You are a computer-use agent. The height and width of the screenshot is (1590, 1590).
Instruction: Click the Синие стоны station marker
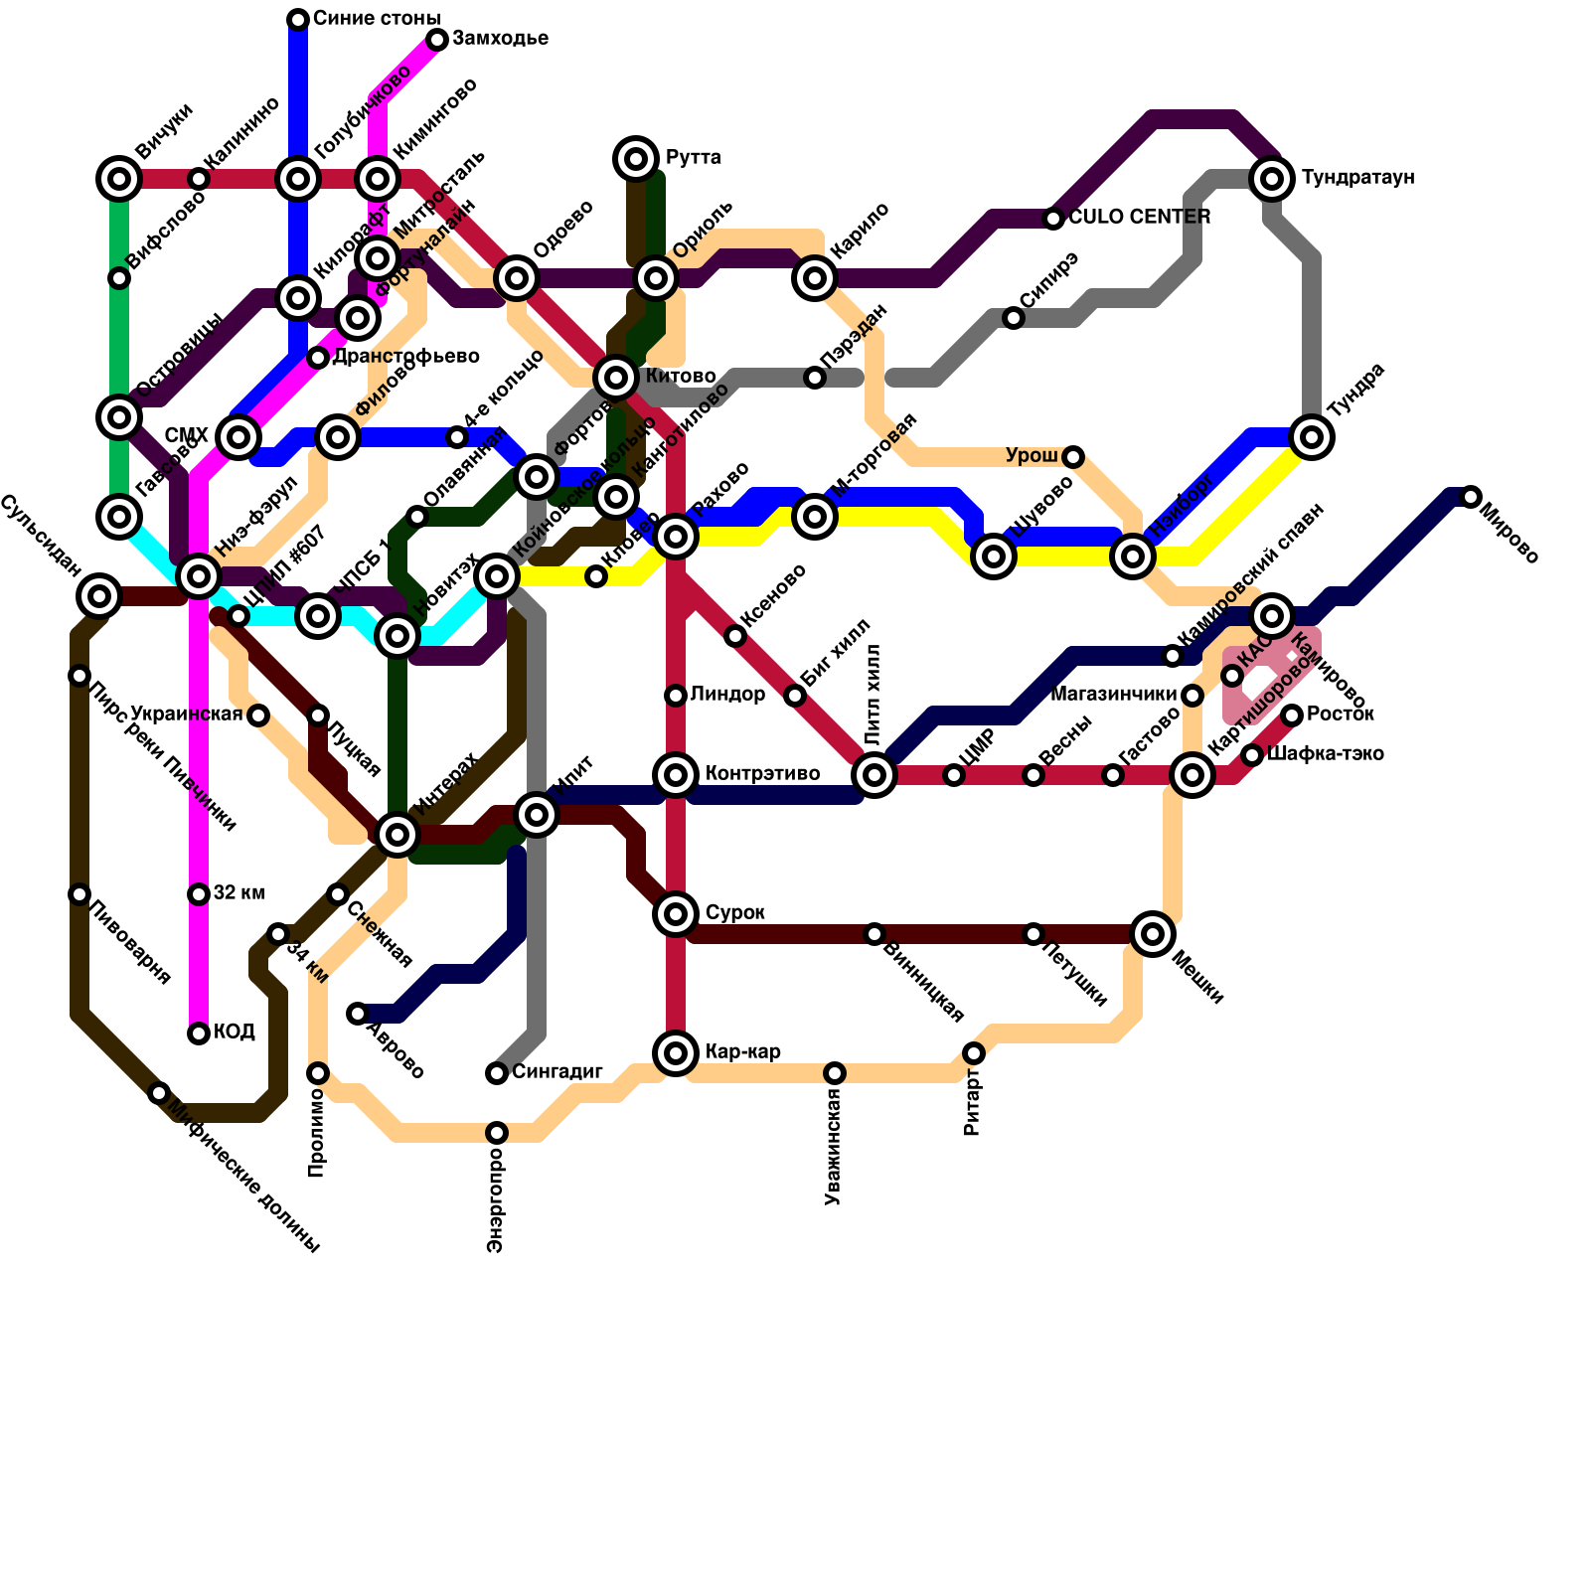coord(298,19)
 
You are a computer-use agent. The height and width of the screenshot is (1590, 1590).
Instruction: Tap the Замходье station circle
coord(437,40)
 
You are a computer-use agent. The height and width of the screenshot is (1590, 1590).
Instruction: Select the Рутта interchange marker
coord(637,158)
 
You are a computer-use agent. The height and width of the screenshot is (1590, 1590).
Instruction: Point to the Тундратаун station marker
coord(1272,179)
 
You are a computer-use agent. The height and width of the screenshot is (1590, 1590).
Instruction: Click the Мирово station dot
coord(1471,497)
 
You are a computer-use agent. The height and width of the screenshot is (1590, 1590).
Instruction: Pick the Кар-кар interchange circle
coord(676,1052)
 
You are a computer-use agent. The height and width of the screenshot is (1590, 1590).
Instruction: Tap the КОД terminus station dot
coord(199,1033)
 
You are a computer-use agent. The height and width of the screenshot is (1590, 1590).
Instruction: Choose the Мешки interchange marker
coord(1153,933)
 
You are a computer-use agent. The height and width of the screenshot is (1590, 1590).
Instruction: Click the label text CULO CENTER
coord(1140,218)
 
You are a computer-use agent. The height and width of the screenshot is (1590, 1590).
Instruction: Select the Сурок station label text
coord(735,913)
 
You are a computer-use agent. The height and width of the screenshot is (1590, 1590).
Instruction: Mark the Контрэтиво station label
coord(762,774)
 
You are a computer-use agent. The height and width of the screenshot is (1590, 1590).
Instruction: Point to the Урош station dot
coord(1073,457)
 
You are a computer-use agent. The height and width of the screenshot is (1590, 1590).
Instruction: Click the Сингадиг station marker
coord(497,1073)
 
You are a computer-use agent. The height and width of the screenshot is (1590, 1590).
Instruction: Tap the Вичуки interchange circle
coord(119,179)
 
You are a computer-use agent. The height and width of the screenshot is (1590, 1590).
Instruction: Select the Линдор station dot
coord(676,696)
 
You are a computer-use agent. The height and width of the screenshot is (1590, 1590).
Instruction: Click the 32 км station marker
coord(199,894)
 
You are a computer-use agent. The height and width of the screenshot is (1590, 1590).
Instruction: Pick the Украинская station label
coord(187,715)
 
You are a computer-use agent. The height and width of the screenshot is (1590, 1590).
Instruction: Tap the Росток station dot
coord(1292,715)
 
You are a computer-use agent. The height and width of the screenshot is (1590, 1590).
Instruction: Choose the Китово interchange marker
coord(616,378)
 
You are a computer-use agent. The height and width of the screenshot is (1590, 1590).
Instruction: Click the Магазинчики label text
coord(1113,695)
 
